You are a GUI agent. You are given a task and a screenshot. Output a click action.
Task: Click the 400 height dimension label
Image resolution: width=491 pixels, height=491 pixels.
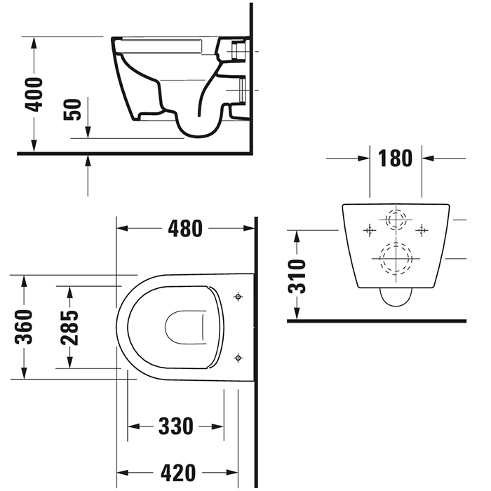pyautogui.click(x=33, y=94)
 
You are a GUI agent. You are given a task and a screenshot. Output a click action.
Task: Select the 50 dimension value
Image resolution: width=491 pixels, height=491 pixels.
pyautogui.click(x=73, y=109)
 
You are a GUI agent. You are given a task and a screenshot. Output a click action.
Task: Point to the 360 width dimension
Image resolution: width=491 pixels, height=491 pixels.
pyautogui.click(x=24, y=327)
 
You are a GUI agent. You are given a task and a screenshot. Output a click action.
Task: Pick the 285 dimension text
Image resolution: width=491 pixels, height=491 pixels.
pyautogui.click(x=69, y=327)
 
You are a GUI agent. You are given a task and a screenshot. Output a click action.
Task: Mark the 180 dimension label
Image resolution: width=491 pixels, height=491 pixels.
pyautogui.click(x=395, y=159)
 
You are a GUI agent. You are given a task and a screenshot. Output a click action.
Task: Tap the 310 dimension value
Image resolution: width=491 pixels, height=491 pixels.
pyautogui.click(x=297, y=276)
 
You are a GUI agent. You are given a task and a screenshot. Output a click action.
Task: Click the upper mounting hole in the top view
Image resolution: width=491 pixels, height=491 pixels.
pyautogui.click(x=238, y=297)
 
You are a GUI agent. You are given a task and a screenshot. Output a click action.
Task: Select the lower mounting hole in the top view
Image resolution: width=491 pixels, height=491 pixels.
pyautogui.click(x=238, y=358)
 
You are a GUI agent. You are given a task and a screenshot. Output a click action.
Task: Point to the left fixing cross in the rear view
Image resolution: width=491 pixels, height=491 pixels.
pyautogui.click(x=369, y=229)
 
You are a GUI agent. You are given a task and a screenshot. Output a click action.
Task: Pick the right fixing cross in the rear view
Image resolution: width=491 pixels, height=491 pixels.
pyautogui.click(x=422, y=229)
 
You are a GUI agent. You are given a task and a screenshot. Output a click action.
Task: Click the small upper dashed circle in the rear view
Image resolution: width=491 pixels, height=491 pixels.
pyautogui.click(x=396, y=220)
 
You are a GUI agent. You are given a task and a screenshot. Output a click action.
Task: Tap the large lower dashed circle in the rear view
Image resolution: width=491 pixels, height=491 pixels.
pyautogui.click(x=396, y=259)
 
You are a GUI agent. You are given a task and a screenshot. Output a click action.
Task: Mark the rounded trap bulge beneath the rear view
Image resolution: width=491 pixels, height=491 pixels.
pyautogui.click(x=396, y=299)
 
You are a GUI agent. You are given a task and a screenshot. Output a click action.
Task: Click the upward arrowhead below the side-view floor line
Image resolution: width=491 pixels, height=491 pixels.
pyautogui.click(x=88, y=161)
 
